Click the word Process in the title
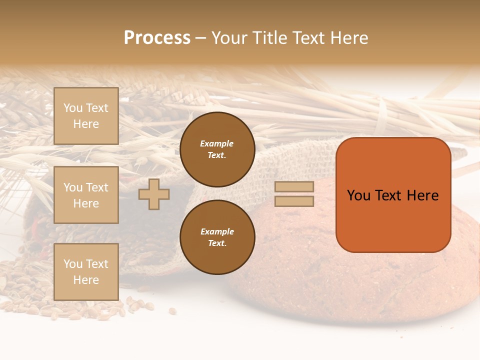click(x=157, y=38)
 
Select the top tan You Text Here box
click(x=86, y=116)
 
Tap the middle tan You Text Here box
click(x=86, y=195)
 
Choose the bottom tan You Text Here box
click(x=86, y=272)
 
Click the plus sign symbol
click(x=154, y=194)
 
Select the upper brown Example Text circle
click(x=217, y=149)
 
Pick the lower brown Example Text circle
click(x=217, y=237)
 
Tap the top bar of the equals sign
click(x=294, y=186)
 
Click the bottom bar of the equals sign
click(x=294, y=201)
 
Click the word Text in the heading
click(x=310, y=38)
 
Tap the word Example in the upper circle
click(x=217, y=143)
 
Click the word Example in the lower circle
click(x=217, y=231)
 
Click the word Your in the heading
click(x=230, y=38)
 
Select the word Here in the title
click(x=350, y=38)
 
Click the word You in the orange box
click(x=359, y=195)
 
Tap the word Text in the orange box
click(x=389, y=195)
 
